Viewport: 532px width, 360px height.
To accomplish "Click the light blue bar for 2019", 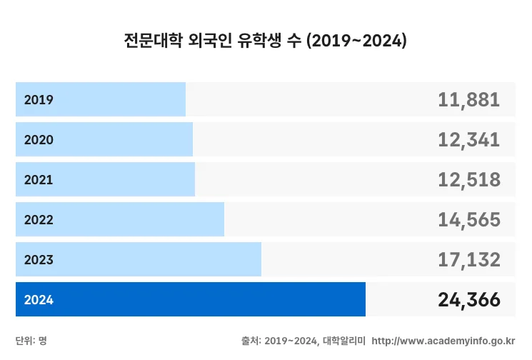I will coord(101,99).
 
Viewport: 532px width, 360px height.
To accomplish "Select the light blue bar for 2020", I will coord(104,139).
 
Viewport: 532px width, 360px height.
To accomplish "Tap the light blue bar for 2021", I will coord(105,179).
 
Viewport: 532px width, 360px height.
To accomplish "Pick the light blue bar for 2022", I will coord(120,219).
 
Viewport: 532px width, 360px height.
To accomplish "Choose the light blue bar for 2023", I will coord(139,259).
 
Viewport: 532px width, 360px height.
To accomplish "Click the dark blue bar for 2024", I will coord(191,299).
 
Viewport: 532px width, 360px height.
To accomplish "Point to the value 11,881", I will coord(468,100).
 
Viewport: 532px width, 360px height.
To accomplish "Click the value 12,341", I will coord(468,140).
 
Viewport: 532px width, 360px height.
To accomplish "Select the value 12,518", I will coord(468,180).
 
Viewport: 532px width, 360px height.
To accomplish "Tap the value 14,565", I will coord(468,220).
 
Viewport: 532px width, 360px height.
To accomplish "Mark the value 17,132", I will coord(468,260).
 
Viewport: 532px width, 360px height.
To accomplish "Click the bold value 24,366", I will coord(468,300).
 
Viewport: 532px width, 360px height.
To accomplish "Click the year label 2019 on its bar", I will coord(39,100).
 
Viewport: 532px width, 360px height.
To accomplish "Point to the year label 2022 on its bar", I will coord(39,220).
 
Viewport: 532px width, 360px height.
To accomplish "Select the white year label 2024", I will coord(39,300).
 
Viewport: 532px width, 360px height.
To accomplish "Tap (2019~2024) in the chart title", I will coord(356,41).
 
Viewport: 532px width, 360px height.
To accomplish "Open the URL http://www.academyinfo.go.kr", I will coord(443,341).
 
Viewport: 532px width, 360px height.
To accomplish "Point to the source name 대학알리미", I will coord(344,341).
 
